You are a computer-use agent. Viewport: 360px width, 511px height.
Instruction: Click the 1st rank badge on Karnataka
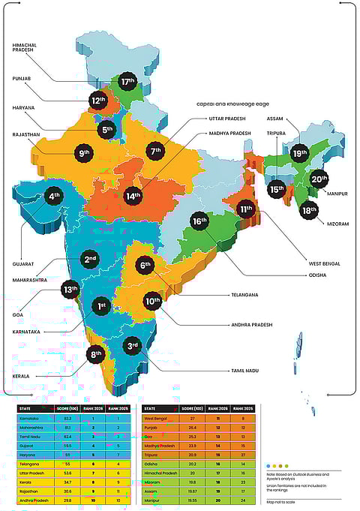click(101, 306)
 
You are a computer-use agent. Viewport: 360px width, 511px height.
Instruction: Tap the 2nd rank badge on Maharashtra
click(89, 260)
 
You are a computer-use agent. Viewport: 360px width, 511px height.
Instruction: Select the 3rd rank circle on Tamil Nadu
click(133, 346)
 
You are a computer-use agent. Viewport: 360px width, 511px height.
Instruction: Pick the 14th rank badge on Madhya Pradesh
click(133, 196)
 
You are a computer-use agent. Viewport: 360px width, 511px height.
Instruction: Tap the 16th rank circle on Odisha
click(199, 221)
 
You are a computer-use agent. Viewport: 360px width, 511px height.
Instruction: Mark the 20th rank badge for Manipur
click(319, 179)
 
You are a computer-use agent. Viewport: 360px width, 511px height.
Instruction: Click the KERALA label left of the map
click(20, 375)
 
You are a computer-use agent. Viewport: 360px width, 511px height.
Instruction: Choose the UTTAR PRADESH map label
click(229, 119)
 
